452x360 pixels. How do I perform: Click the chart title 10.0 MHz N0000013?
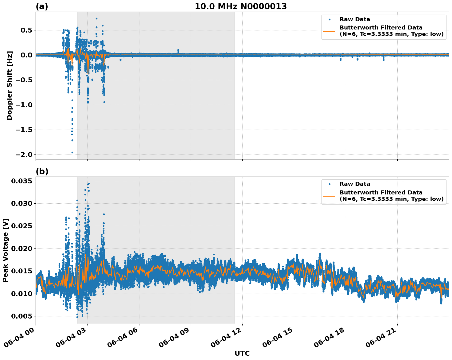pyautogui.click(x=241, y=6)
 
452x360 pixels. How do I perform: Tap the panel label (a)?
pyautogui.click(x=42, y=6)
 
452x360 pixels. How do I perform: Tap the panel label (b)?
pyautogui.click(x=42, y=171)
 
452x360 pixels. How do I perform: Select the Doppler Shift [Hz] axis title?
pyautogui.click(x=10, y=85)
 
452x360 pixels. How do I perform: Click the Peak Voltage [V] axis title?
pyautogui.click(x=6, y=250)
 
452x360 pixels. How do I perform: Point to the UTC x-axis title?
pyautogui.click(x=242, y=353)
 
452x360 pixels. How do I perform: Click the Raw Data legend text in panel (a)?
pyautogui.click(x=355, y=19)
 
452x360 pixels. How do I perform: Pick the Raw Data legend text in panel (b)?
pyautogui.click(x=355, y=184)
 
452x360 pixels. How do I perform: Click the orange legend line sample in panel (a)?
pyautogui.click(x=329, y=31)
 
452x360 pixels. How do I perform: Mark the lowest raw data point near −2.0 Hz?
pyautogui.click(x=72, y=152)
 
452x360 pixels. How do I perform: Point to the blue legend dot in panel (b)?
pyautogui.click(x=329, y=184)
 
